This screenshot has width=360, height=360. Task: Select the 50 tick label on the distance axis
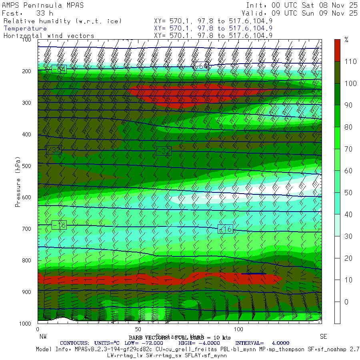point(138,329)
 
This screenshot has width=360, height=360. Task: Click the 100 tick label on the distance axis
point(238,329)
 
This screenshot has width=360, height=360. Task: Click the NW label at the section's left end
point(42,336)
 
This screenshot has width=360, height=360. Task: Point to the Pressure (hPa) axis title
point(18,182)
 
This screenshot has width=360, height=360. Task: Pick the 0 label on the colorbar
point(346,302)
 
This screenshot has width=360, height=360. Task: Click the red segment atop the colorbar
point(338,50)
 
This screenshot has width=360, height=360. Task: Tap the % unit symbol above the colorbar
point(346,40)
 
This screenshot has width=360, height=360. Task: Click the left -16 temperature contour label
point(59,225)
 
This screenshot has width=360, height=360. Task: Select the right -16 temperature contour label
point(225,229)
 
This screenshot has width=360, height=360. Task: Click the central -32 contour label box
point(163,151)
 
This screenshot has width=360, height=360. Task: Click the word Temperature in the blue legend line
point(25,28)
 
